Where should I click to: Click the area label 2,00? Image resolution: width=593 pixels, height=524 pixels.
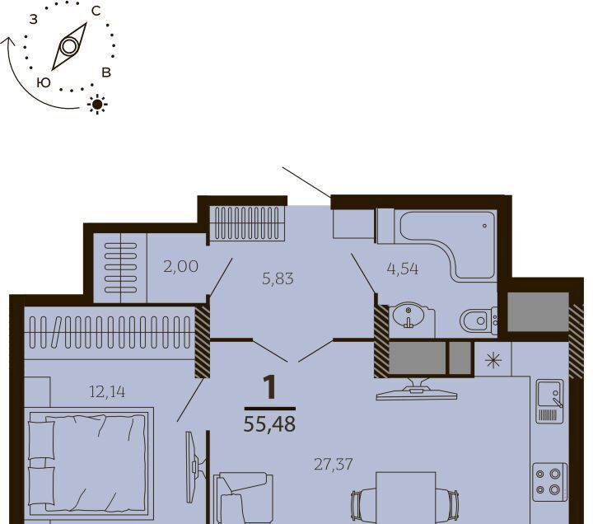pyautogui.click(x=180, y=267)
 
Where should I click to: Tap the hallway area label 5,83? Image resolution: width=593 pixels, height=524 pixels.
pyautogui.click(x=278, y=278)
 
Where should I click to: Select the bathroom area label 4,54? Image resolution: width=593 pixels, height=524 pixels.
pyautogui.click(x=403, y=269)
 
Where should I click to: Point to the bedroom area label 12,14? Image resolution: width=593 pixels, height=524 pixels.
pyautogui.click(x=107, y=392)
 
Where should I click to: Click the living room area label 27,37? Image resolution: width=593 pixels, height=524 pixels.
pyautogui.click(x=334, y=464)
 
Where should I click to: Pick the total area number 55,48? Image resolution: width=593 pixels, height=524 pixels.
pyautogui.click(x=269, y=424)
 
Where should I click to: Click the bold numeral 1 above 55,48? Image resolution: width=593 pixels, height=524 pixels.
pyautogui.click(x=270, y=388)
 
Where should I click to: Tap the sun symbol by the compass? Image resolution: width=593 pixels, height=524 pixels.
pyautogui.click(x=97, y=104)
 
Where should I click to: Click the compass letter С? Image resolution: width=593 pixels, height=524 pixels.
pyautogui.click(x=96, y=12)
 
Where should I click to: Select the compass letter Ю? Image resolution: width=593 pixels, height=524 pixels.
pyautogui.click(x=44, y=82)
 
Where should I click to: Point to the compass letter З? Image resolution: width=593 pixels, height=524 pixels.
pyautogui.click(x=34, y=19)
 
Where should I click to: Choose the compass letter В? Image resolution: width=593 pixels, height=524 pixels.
pyautogui.click(x=106, y=73)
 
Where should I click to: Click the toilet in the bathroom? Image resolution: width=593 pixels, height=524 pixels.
pyautogui.click(x=479, y=320)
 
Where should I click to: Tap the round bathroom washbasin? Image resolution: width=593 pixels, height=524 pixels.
pyautogui.click(x=409, y=315)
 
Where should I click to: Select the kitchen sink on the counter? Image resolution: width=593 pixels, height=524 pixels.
pyautogui.click(x=550, y=401)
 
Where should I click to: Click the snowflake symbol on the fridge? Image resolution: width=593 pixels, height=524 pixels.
pyautogui.click(x=493, y=360)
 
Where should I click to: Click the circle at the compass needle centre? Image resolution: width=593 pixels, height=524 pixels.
pyautogui.click(x=69, y=47)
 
